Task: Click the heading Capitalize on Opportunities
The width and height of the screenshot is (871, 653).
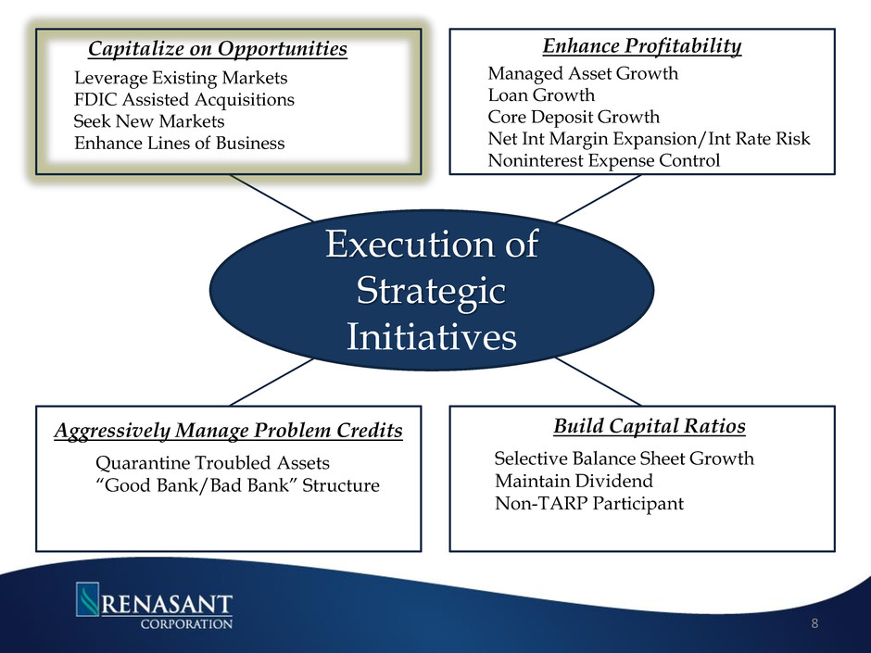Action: click(218, 48)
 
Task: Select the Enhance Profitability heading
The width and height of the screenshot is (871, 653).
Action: click(641, 45)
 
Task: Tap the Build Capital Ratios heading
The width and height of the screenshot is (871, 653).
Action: click(650, 426)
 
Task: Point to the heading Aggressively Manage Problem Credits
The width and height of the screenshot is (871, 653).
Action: click(228, 431)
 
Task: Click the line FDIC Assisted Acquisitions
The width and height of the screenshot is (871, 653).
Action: click(183, 99)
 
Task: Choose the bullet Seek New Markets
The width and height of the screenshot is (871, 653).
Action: click(149, 121)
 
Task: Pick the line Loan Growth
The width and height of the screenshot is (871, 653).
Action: click(541, 95)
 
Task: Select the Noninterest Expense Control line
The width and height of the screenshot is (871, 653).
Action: click(603, 160)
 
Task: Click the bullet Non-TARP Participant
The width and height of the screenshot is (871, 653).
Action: click(588, 503)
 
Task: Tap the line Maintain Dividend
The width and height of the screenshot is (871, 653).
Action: click(574, 481)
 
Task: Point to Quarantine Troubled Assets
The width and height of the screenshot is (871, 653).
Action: click(212, 462)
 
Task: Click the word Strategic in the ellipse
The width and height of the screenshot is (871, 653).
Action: click(431, 291)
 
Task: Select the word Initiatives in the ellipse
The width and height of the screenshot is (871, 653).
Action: click(432, 336)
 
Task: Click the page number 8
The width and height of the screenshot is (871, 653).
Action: click(814, 623)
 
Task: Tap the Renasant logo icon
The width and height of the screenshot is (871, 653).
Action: click(87, 598)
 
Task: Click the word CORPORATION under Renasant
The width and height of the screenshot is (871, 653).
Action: click(186, 623)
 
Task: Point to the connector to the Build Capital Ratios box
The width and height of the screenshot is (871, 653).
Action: click(599, 382)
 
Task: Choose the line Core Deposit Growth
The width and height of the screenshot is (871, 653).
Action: click(574, 117)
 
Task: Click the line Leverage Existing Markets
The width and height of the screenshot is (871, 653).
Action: click(181, 78)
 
